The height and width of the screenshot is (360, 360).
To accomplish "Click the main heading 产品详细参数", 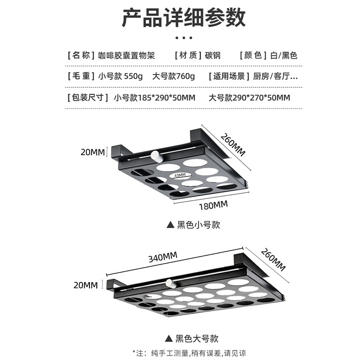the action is click(184, 18).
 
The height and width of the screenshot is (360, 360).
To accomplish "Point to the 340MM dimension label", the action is click(163, 257).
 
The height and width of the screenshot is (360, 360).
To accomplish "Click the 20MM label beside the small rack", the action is click(92, 152).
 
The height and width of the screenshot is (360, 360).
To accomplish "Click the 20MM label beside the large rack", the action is click(86, 284).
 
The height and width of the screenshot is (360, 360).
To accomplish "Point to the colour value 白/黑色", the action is click(283, 56).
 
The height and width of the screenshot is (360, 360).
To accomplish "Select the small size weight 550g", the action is click(133, 76).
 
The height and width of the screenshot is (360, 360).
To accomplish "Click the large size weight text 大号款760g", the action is click(173, 76).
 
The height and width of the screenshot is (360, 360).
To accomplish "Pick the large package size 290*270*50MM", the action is click(261, 97).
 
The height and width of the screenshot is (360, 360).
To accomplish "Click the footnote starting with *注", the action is click(189, 353).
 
